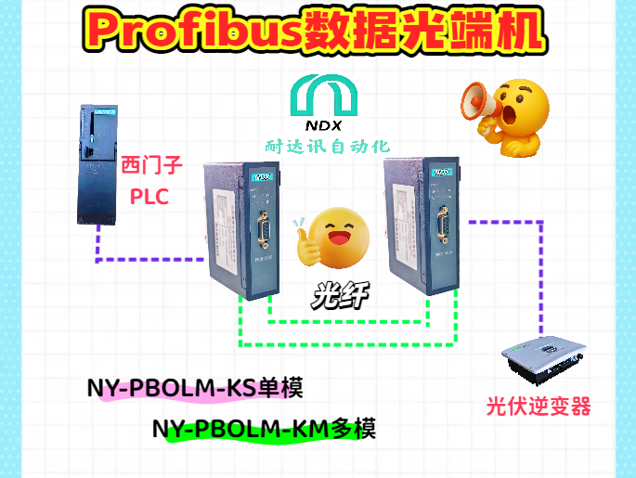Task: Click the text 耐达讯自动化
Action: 328,146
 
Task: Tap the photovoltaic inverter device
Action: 542,362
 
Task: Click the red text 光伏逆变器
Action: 539,407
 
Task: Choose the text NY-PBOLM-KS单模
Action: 195,388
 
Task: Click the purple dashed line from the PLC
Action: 149,261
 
